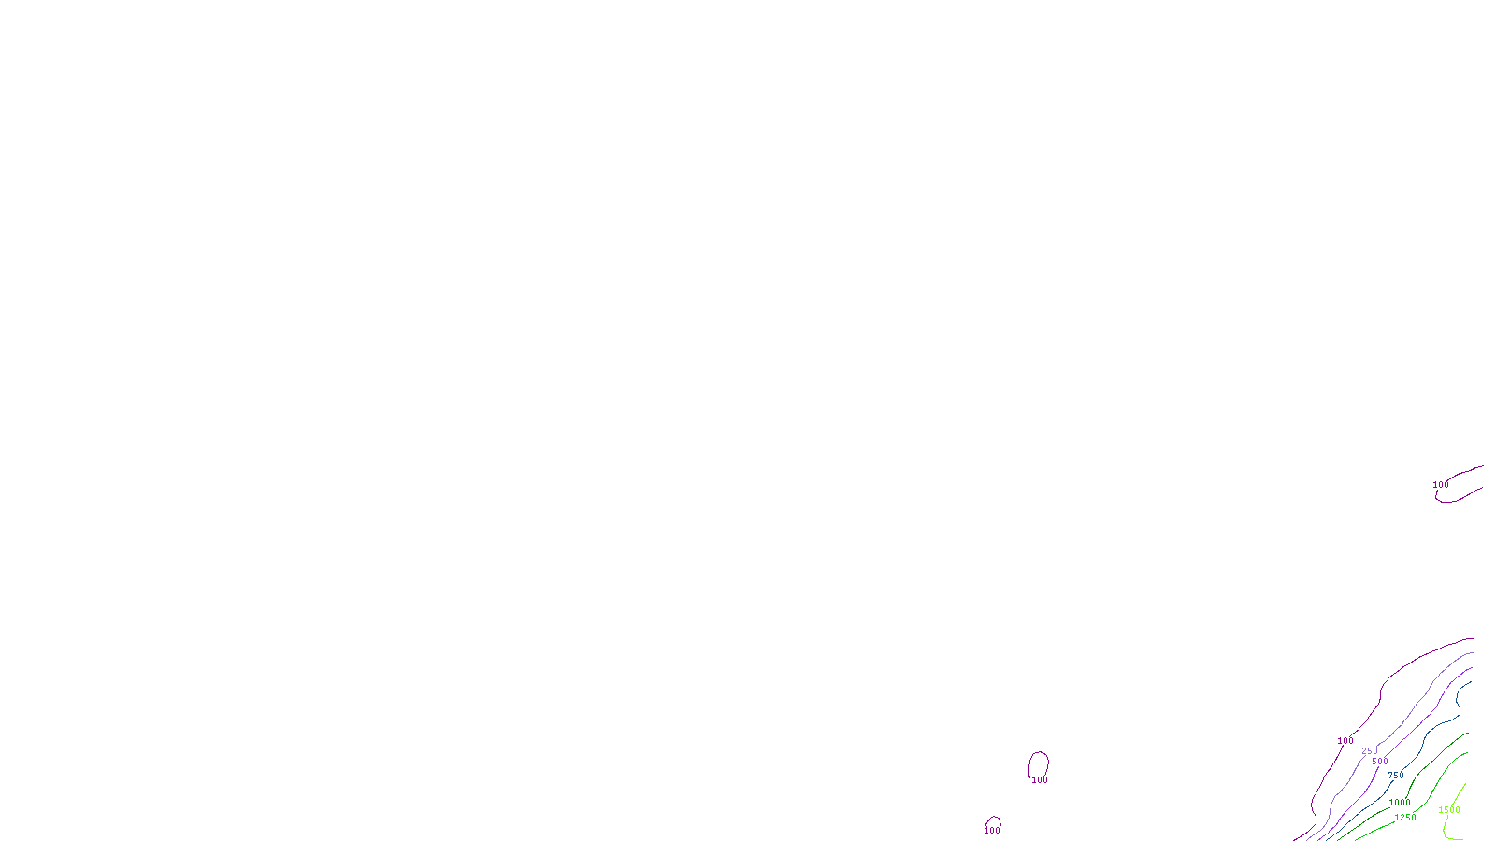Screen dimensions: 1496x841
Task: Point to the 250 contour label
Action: pyautogui.click(x=1370, y=751)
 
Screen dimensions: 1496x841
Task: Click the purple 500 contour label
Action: pyautogui.click(x=1380, y=762)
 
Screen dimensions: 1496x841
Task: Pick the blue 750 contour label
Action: pyautogui.click(x=1396, y=776)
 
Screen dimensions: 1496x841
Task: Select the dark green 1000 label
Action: pyautogui.click(x=1400, y=803)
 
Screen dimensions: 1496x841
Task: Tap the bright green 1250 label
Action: pyautogui.click(x=1405, y=818)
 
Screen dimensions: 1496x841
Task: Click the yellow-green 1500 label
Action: pyautogui.click(x=1449, y=810)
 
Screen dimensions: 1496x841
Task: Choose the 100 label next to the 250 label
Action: pyautogui.click(x=1345, y=741)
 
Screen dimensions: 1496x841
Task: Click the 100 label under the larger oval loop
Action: pyautogui.click(x=1040, y=780)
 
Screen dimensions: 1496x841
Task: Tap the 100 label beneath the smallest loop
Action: pyautogui.click(x=992, y=831)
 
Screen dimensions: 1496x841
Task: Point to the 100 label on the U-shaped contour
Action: pyautogui.click(x=1441, y=485)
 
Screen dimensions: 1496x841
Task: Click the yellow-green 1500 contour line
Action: pyautogui.click(x=1460, y=792)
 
